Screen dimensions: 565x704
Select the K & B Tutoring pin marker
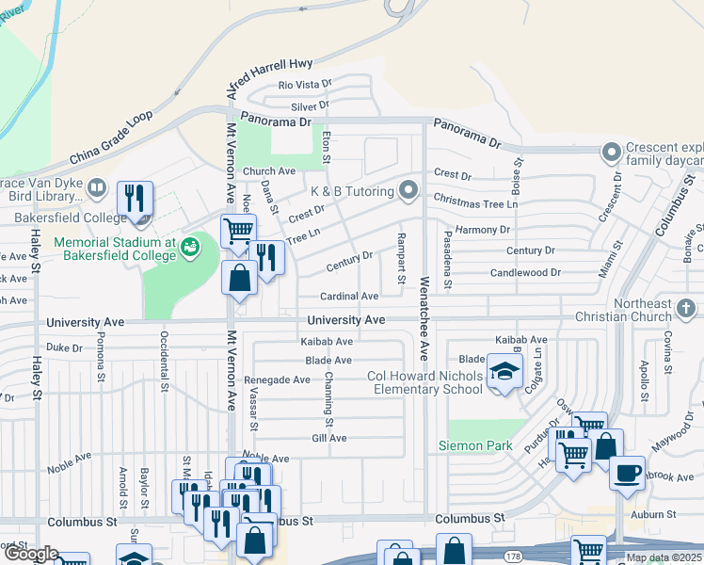(x=408, y=190)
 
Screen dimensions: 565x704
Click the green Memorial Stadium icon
(x=191, y=248)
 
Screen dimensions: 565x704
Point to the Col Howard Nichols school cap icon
(x=504, y=369)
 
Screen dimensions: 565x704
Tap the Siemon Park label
(x=474, y=445)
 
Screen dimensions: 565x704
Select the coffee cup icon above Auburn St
(x=626, y=473)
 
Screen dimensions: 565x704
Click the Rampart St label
(x=401, y=258)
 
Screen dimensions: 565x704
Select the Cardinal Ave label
(x=349, y=297)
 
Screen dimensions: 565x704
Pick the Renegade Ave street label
(x=277, y=380)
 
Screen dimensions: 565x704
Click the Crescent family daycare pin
(x=613, y=151)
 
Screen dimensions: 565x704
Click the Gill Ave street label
(x=329, y=438)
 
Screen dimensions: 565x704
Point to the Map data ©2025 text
(x=664, y=557)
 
